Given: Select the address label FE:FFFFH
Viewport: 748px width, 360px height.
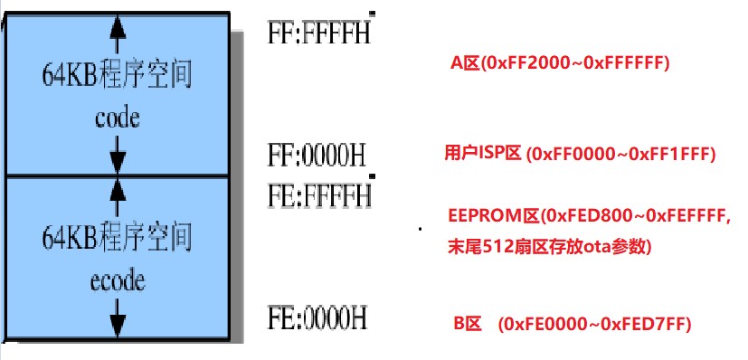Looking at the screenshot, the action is pos(318,194).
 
